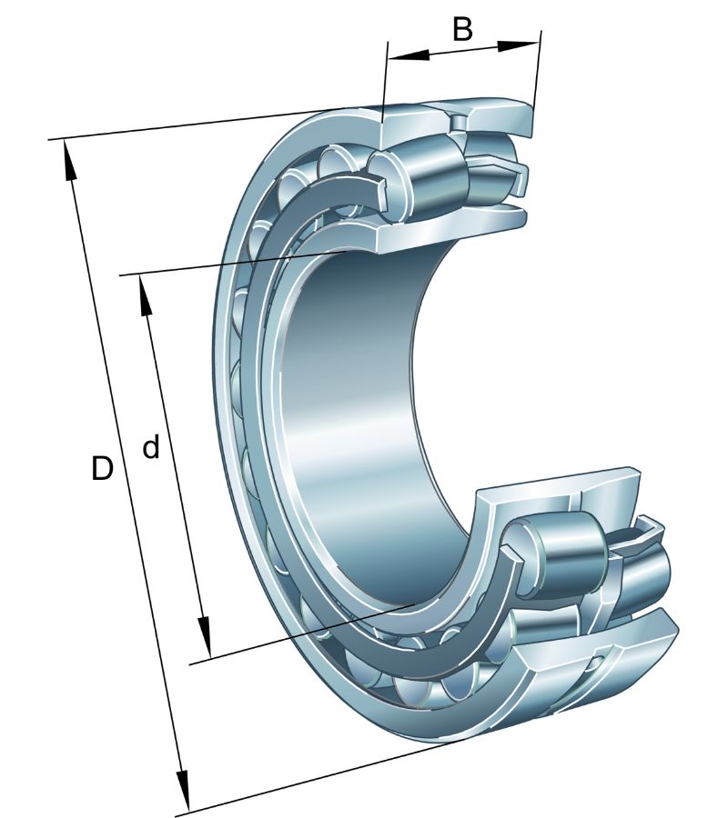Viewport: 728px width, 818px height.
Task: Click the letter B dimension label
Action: click(462, 29)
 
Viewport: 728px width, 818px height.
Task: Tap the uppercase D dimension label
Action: click(102, 468)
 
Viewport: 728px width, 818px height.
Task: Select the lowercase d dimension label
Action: click(150, 446)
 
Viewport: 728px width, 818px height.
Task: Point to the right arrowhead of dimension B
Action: click(517, 45)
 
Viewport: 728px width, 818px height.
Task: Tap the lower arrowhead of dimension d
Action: click(204, 637)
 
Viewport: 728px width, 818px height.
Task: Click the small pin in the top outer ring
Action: click(458, 122)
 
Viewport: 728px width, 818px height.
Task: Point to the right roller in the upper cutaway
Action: click(490, 166)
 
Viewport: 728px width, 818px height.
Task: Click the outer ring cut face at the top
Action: click(457, 119)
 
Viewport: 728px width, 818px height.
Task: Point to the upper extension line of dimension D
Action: click(198, 125)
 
